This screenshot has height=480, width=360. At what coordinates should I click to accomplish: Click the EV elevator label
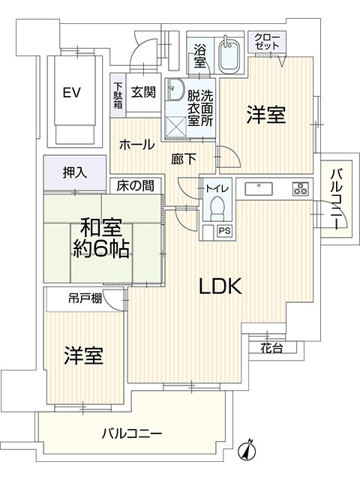[71, 93]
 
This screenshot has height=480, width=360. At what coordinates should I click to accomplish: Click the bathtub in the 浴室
[228, 55]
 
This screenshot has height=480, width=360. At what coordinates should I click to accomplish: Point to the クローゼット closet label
[267, 42]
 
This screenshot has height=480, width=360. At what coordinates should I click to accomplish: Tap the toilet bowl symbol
[217, 205]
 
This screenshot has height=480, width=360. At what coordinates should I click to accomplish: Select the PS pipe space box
[224, 232]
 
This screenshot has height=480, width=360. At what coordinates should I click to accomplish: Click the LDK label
[219, 286]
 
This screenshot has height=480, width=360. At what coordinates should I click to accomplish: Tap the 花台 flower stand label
[271, 348]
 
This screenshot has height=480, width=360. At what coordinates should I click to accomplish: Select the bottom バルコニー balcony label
[131, 433]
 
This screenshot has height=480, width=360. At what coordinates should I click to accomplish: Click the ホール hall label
[136, 144]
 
